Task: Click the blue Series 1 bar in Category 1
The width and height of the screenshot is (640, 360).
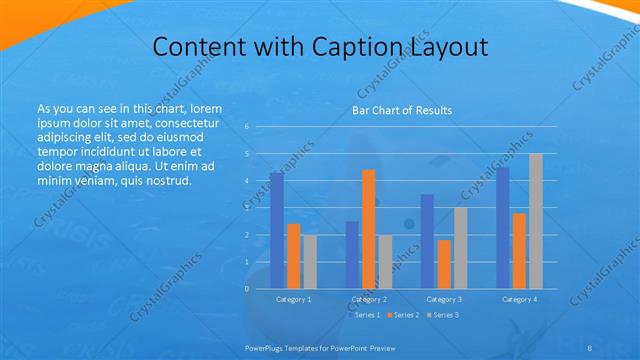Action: click(x=277, y=231)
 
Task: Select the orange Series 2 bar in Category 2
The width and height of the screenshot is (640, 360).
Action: click(x=369, y=229)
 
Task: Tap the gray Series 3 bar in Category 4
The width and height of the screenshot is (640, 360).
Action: click(x=536, y=221)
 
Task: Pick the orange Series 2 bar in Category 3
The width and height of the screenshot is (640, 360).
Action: click(x=444, y=264)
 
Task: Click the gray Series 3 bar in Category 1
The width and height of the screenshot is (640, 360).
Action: click(x=310, y=262)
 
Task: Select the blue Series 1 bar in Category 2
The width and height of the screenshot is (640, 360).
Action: click(x=352, y=255)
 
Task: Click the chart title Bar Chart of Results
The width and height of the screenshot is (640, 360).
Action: click(x=402, y=110)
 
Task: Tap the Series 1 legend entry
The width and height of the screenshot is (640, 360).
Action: click(x=367, y=315)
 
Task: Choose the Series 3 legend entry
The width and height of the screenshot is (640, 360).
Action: click(x=443, y=315)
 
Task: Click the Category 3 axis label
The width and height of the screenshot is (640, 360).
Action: click(x=444, y=299)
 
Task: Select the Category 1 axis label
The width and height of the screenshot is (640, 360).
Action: click(x=293, y=299)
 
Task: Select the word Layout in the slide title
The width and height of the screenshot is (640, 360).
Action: click(x=446, y=47)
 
